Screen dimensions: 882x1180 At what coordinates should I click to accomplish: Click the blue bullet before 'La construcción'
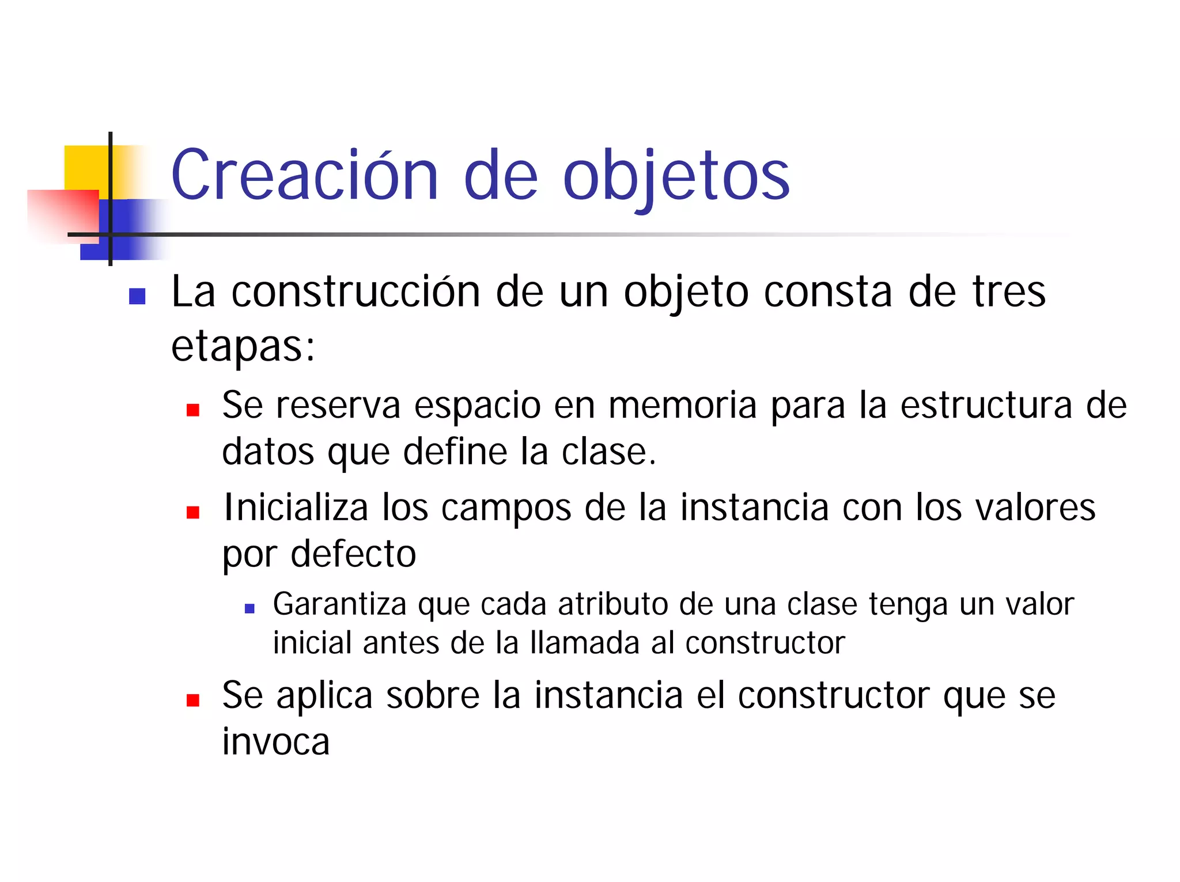click(x=137, y=296)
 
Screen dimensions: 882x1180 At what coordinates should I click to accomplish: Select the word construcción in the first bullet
click(x=355, y=292)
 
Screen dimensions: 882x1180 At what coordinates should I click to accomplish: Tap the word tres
click(x=1009, y=292)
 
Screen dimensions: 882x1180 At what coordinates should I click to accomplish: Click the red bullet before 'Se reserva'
click(x=193, y=410)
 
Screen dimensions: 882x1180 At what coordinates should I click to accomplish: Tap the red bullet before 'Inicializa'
click(x=193, y=512)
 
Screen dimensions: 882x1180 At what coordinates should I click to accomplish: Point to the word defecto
click(x=353, y=554)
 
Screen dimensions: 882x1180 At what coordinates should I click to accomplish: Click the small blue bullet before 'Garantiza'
click(x=249, y=608)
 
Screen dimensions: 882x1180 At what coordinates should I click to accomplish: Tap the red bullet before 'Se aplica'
click(x=193, y=700)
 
